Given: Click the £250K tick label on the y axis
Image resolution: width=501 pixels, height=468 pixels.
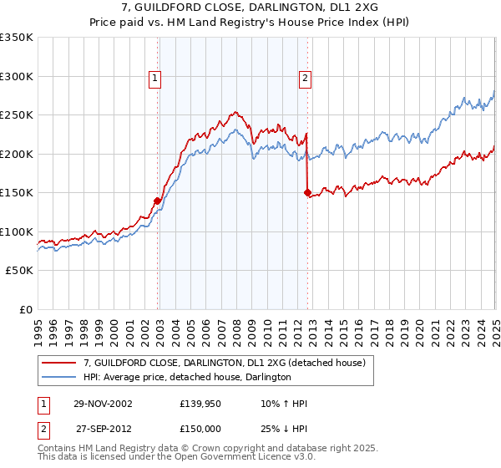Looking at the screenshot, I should pos(16,115).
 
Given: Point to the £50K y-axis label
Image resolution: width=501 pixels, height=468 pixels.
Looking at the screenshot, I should pos(18,271).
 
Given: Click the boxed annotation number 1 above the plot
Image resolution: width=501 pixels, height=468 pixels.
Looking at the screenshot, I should pos(155,79).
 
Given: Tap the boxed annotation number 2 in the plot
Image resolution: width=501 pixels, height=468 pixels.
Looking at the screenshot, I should pos(305,79).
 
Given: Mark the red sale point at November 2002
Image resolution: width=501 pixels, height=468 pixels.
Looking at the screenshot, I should pos(157,201).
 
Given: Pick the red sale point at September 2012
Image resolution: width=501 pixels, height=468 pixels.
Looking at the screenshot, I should pos(307,193).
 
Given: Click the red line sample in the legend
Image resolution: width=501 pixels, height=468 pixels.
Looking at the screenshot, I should pos(60,364).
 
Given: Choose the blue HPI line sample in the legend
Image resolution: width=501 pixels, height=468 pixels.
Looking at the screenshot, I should pos(60,378).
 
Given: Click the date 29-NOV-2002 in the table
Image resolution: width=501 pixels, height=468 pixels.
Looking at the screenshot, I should pos(104,404).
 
